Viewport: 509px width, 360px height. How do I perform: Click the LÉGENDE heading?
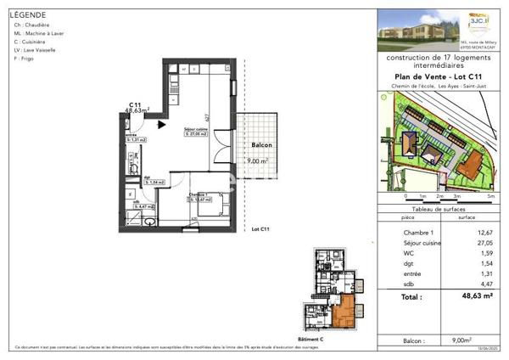(28, 15)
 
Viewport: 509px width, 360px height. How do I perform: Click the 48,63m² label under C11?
(137, 110)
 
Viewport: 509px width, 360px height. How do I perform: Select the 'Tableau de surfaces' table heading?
(439, 208)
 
